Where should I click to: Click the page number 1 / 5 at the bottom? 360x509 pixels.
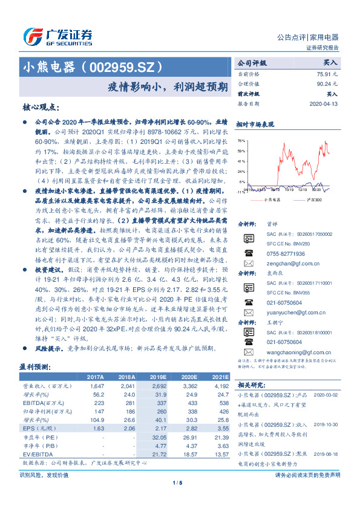click(x=177, y=482)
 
